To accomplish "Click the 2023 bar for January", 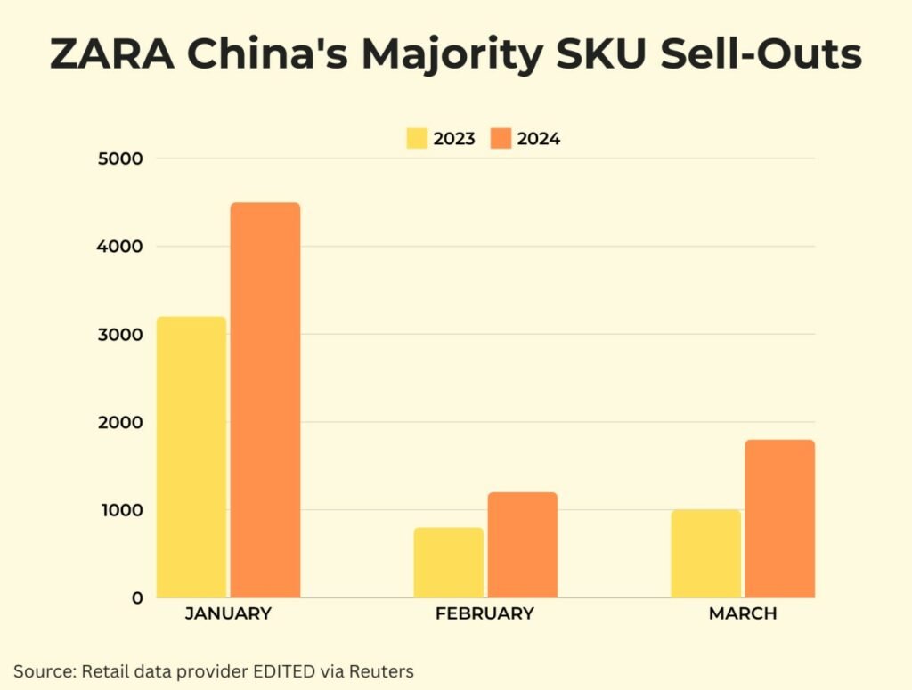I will point(191,457).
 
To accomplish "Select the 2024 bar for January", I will point(265,400).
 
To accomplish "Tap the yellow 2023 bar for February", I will point(449,562).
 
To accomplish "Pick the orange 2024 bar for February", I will point(522,544).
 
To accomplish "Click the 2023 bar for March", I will point(705,553).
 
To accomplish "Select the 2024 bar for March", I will point(779,518).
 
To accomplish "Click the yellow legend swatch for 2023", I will point(417,139).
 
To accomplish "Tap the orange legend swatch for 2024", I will point(501,139).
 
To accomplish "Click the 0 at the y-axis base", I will point(137,597).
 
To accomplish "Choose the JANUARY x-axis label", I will point(228,614).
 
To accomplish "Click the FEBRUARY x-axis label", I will point(484,614).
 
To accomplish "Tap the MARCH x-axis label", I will point(743,614).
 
